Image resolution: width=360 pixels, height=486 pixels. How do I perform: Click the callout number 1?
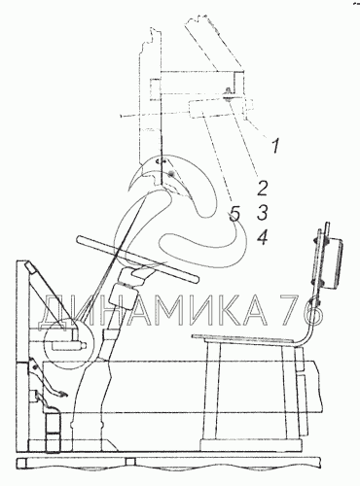click(x=275, y=146)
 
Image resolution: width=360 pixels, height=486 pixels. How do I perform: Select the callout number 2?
click(x=262, y=188)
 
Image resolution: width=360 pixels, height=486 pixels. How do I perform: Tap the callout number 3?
click(x=262, y=213)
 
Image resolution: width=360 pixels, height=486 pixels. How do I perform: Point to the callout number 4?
click(x=262, y=237)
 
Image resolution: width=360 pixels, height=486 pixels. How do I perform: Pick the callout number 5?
click(x=234, y=214)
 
